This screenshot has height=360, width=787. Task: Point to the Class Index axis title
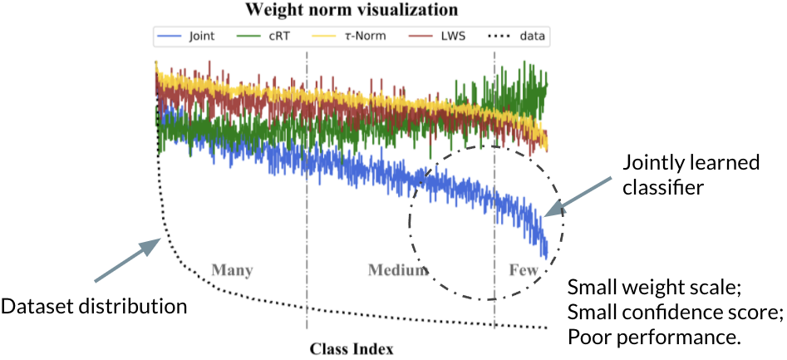tap(352, 348)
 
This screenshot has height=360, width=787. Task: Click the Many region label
tap(232, 271)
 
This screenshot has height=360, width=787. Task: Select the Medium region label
tap(398, 271)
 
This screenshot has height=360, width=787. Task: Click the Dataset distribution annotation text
tap(93, 307)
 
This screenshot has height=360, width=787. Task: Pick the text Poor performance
tap(656, 338)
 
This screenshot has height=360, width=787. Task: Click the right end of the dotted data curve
tap(547, 328)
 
